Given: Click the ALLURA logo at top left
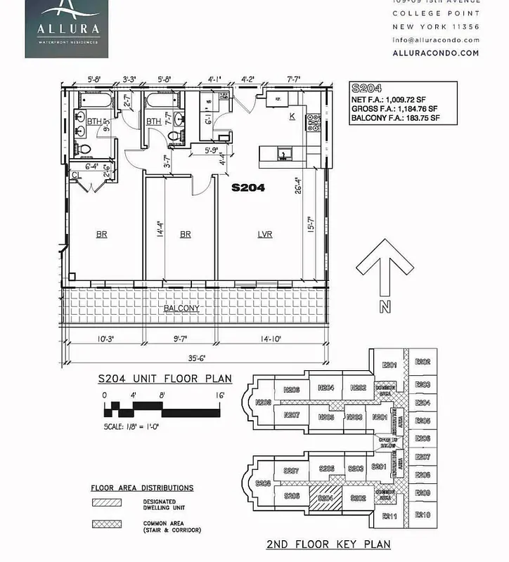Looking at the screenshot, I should point(64,28).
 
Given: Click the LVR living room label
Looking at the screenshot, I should point(265,235).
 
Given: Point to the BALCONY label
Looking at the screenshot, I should point(181,308).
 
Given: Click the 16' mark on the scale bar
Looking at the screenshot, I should point(220,396).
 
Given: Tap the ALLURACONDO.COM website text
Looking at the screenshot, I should point(436,53).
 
